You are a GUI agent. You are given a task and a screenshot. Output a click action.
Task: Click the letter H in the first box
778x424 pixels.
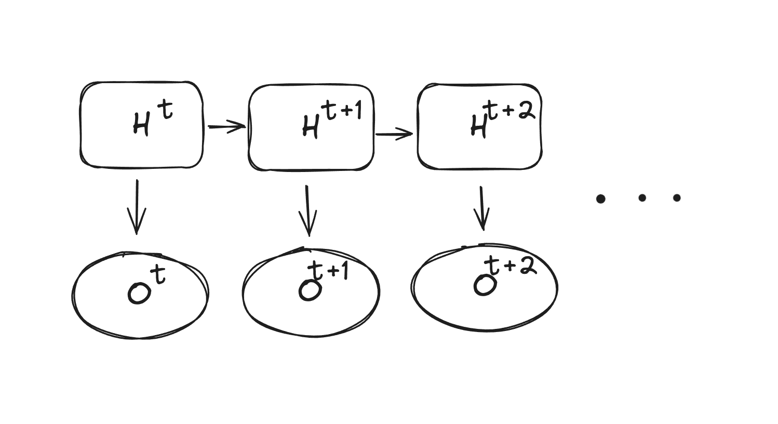(x=140, y=125)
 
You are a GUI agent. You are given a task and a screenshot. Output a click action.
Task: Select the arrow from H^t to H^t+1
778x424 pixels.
(x=226, y=126)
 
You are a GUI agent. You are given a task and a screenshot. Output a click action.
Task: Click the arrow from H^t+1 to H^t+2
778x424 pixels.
(x=394, y=135)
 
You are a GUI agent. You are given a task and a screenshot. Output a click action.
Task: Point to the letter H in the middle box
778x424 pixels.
(x=310, y=127)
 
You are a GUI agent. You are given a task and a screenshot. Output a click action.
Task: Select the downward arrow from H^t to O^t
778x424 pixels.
(x=137, y=207)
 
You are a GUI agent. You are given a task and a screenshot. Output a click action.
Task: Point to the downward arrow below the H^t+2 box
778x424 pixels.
(x=482, y=208)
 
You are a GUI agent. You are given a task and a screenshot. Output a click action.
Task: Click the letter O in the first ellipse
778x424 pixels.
(x=139, y=293)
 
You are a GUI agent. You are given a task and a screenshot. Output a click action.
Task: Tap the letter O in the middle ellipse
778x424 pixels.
(x=310, y=290)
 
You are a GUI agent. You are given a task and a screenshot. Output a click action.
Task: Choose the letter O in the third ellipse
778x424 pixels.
(x=485, y=285)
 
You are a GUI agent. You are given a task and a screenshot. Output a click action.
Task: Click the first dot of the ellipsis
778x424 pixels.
(x=601, y=198)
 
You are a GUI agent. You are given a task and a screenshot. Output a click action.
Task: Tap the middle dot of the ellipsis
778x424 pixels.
(x=642, y=197)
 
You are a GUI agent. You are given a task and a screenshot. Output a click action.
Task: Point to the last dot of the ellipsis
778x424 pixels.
(x=677, y=197)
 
